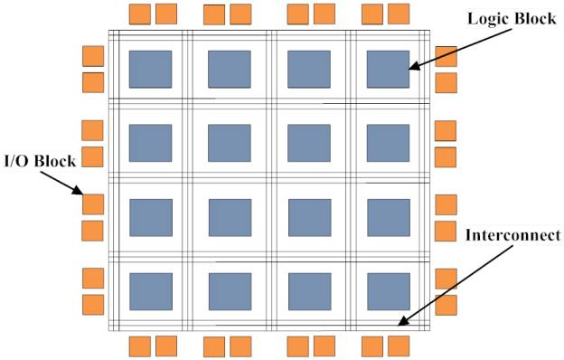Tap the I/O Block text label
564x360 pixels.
pyautogui.click(x=40, y=160)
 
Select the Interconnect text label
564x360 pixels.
pyautogui.click(x=511, y=236)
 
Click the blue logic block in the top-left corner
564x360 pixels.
pyautogui.click(x=150, y=70)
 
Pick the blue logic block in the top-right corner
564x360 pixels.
pyautogui.click(x=388, y=70)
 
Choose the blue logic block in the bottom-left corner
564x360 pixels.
pyautogui.click(x=150, y=290)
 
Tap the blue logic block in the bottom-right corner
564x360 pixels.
pyautogui.click(x=388, y=290)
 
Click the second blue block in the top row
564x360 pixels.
pyautogui.click(x=230, y=70)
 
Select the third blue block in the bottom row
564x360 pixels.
pyautogui.click(x=309, y=290)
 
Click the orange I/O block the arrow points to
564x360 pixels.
pyautogui.click(x=93, y=204)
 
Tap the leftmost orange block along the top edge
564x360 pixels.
pyautogui.click(x=139, y=14)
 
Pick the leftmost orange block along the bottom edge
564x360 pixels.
pyautogui.click(x=139, y=346)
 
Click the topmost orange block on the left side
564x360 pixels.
pyautogui.click(x=93, y=56)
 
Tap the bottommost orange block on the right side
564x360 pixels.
pyautogui.click(x=446, y=304)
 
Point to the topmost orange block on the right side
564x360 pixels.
pyautogui.click(x=446, y=56)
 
